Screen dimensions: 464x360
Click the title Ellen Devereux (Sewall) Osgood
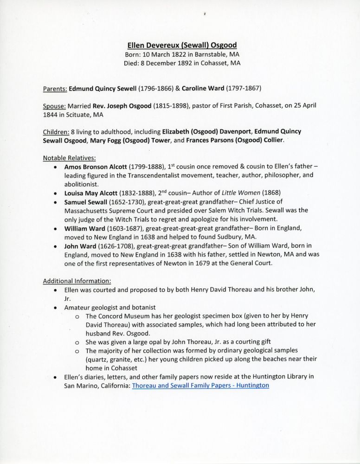[182, 45]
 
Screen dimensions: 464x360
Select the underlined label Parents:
[55, 88]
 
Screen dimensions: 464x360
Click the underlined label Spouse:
[55, 106]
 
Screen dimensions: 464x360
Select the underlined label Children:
[57, 132]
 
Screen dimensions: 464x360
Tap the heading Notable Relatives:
[69, 158]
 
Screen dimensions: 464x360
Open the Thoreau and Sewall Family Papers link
[200, 385]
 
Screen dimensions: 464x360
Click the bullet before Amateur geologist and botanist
[56, 308]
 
